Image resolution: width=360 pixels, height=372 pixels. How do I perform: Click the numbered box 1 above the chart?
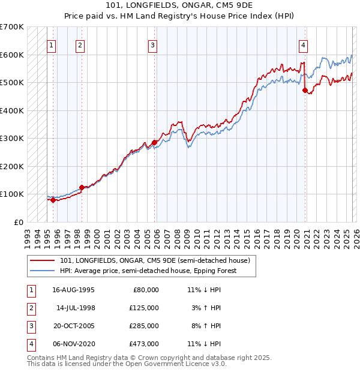click(x=51, y=44)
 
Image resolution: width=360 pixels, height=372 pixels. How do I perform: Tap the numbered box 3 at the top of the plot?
click(x=153, y=44)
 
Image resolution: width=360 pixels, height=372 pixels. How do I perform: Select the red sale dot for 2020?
click(x=305, y=90)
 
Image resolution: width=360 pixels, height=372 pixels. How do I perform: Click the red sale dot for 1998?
click(x=82, y=187)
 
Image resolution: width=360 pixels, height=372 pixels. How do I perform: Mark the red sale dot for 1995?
click(x=53, y=200)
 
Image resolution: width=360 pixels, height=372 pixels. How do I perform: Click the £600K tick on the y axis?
click(x=12, y=55)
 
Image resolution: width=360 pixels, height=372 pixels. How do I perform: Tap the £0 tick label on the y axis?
click(x=18, y=222)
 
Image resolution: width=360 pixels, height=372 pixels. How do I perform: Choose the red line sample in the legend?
click(x=43, y=260)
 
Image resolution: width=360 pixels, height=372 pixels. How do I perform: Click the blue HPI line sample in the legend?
click(x=43, y=271)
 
